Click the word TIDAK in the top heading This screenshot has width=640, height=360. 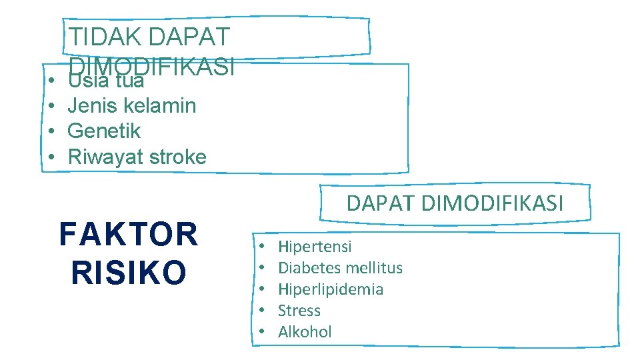pyautogui.click(x=105, y=37)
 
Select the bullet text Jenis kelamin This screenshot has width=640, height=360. pyautogui.click(x=132, y=105)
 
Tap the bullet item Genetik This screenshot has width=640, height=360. pyautogui.click(x=104, y=131)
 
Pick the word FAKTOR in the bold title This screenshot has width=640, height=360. pyautogui.click(x=129, y=235)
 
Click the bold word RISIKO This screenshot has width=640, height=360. pyautogui.click(x=129, y=271)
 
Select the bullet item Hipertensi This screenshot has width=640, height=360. pyautogui.click(x=315, y=247)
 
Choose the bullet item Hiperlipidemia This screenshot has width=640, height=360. pyautogui.click(x=331, y=289)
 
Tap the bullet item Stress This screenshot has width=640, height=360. pyautogui.click(x=299, y=311)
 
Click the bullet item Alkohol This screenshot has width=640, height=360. pyautogui.click(x=305, y=332)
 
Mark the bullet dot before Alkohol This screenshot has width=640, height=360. pyautogui.click(x=263, y=332)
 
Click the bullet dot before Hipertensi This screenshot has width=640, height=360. pyautogui.click(x=263, y=247)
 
